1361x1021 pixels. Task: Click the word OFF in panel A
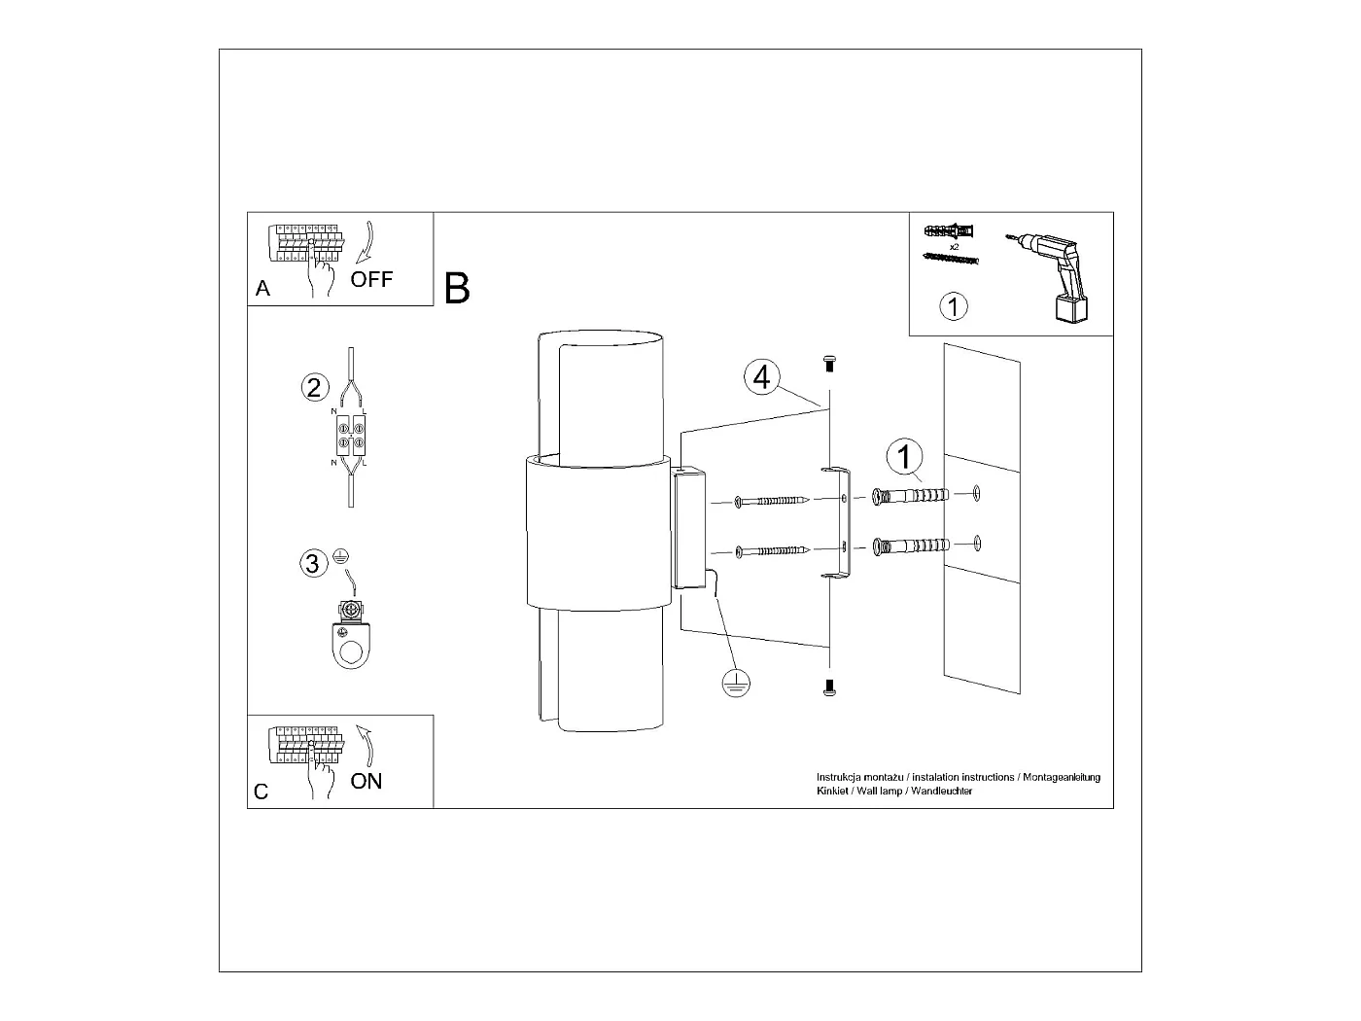tap(371, 280)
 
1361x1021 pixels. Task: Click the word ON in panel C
tap(366, 781)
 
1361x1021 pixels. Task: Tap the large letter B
tap(457, 289)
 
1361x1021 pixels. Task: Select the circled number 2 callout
tap(313, 388)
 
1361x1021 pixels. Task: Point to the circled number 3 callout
tap(313, 564)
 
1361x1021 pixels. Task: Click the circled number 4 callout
tap(762, 376)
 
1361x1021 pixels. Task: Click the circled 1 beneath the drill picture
tap(954, 307)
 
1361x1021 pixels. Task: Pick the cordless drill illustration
tap(1058, 273)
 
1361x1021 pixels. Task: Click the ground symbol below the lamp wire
tap(736, 685)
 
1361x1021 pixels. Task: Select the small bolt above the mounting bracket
tap(829, 363)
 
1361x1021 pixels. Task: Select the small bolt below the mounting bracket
tap(829, 687)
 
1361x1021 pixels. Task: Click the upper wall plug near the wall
tap(911, 496)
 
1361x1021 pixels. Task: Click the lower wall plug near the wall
tap(911, 546)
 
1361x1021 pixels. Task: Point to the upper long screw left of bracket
tap(772, 501)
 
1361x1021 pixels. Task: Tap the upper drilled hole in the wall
tap(977, 494)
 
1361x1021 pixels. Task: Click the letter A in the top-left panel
tap(262, 289)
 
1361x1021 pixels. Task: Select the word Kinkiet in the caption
tap(833, 792)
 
